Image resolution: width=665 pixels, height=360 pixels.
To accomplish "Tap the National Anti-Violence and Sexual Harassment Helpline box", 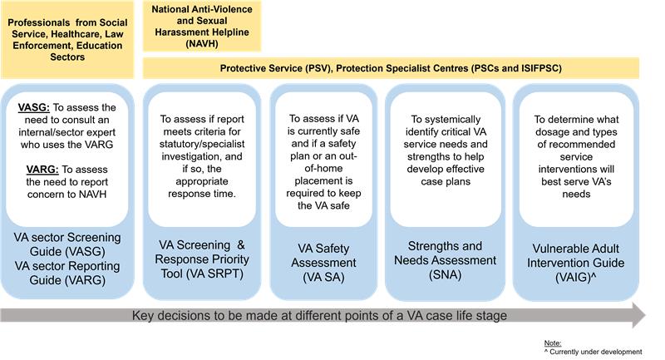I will pyautogui.click(x=202, y=27).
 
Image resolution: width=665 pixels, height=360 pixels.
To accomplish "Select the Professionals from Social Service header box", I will pyautogui.click(x=69, y=41).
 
